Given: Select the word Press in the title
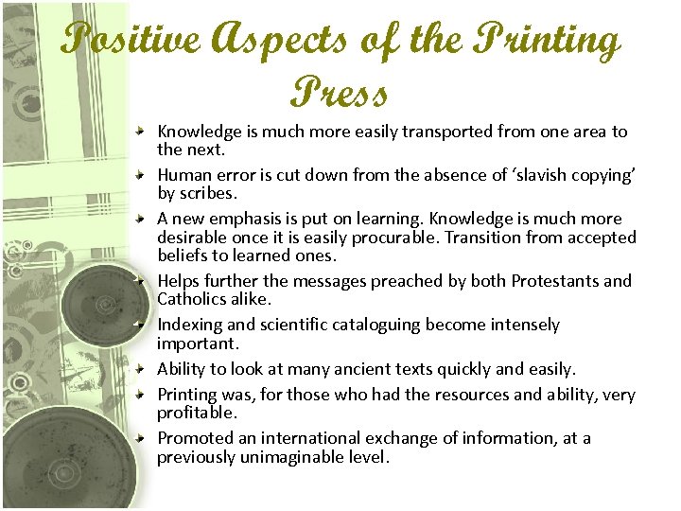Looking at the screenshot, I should pos(340,93).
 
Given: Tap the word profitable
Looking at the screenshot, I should pos(197,413).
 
